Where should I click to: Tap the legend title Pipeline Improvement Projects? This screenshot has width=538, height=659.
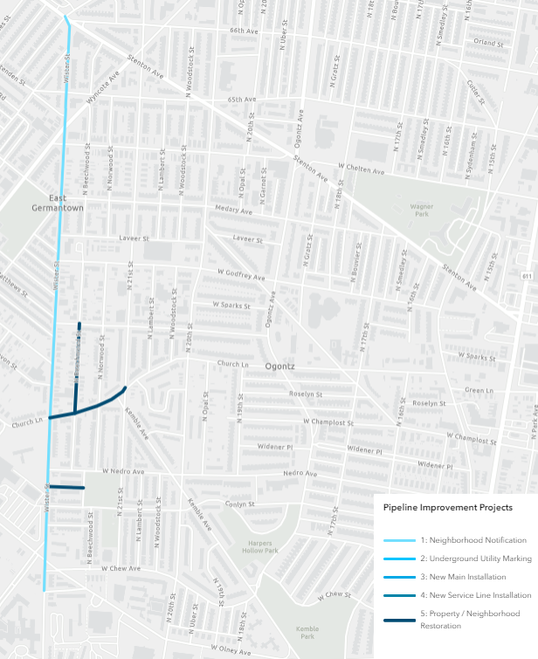coord(448,507)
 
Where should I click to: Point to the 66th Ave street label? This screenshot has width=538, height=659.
coord(245,31)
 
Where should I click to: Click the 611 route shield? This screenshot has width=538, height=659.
coord(528,276)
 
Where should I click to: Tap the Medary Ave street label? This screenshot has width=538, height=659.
coord(232,210)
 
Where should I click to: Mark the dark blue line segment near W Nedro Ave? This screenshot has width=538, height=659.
coord(66,487)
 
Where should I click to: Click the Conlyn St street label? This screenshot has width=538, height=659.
coord(238,504)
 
